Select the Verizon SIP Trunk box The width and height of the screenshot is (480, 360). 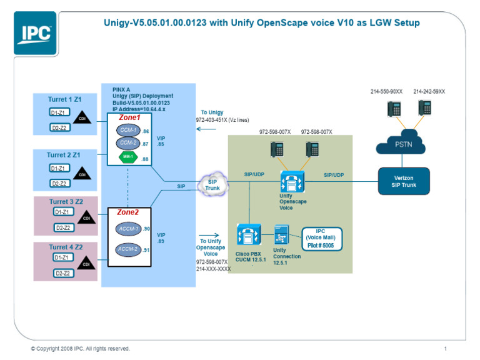[403, 181]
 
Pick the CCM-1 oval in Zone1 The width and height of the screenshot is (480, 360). [128, 131]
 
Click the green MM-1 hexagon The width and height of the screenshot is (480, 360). [128, 156]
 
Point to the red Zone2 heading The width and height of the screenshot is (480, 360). [129, 212]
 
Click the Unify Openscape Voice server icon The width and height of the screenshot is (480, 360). [292, 182]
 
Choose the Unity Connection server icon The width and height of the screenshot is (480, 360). [281, 237]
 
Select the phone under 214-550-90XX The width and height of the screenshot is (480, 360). [394, 107]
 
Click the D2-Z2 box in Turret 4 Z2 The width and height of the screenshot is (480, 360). [61, 273]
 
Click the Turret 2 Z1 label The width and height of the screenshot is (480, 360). [64, 154]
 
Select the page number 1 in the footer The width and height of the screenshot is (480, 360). [445, 348]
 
